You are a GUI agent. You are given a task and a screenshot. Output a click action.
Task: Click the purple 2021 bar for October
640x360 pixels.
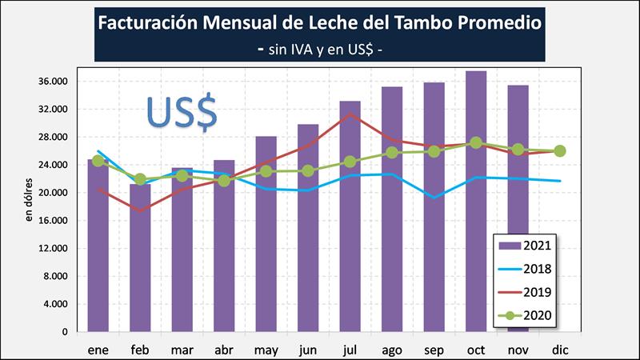(x=476, y=200)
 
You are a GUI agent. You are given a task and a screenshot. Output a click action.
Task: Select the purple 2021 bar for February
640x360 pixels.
(x=141, y=256)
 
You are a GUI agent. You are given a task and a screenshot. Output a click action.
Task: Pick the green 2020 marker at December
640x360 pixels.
(x=560, y=151)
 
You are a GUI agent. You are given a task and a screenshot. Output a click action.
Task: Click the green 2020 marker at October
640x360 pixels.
(x=476, y=143)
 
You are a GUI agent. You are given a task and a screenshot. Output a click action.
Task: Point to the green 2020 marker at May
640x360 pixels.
(x=266, y=171)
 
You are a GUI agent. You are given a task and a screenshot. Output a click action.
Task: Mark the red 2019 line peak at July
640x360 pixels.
(x=350, y=114)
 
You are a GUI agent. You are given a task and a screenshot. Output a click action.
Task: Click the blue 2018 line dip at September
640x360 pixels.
(x=434, y=197)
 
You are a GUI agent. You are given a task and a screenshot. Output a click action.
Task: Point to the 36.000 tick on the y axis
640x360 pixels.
(x=52, y=82)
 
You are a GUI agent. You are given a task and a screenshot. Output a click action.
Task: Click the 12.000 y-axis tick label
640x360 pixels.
(x=52, y=248)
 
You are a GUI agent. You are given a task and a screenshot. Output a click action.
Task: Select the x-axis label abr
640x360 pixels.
(x=225, y=350)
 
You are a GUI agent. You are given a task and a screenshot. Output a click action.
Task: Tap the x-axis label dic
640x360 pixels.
(x=560, y=350)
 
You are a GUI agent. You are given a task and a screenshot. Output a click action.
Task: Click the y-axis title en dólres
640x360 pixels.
(x=29, y=201)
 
